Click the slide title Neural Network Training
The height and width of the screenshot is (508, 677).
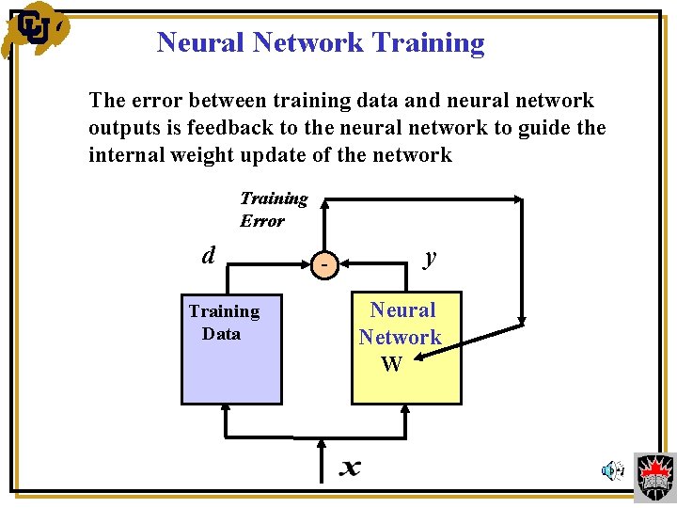click(321, 42)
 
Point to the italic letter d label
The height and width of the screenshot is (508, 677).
click(209, 255)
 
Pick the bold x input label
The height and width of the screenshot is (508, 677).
click(350, 467)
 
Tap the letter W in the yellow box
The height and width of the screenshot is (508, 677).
click(392, 364)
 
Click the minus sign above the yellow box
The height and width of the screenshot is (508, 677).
click(323, 267)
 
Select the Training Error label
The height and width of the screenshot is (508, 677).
click(274, 209)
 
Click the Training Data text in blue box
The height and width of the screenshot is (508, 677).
click(224, 322)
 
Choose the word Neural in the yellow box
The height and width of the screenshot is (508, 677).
click(402, 310)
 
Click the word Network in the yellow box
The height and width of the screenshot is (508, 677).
click(401, 337)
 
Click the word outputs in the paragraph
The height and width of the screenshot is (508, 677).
click(123, 127)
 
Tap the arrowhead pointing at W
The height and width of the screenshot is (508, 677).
click(419, 357)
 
